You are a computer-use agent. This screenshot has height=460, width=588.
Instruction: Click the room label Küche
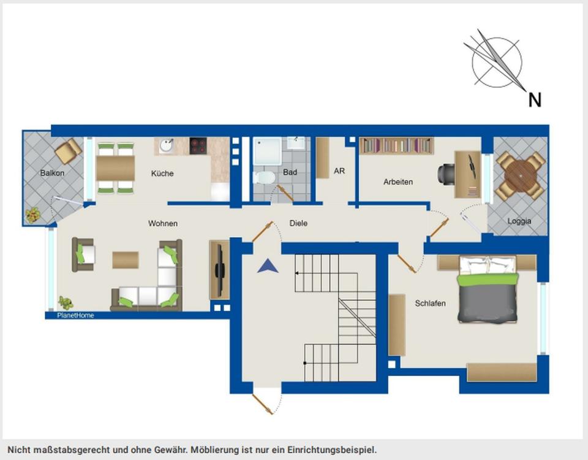(x=162, y=174)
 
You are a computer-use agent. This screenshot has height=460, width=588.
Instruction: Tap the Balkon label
(x=52, y=173)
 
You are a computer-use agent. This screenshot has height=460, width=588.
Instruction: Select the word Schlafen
(x=430, y=303)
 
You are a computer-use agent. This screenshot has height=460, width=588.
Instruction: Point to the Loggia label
(x=519, y=221)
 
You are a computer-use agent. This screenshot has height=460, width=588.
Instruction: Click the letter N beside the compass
(x=535, y=100)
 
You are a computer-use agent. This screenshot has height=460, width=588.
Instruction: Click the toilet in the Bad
(x=263, y=177)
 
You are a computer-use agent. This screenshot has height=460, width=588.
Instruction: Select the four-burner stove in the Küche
(x=198, y=146)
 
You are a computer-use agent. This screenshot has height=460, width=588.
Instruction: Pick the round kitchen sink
(x=166, y=146)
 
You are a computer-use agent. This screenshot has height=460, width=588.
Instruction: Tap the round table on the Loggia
(x=521, y=175)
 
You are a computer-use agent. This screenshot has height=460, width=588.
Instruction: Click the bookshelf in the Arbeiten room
(x=397, y=146)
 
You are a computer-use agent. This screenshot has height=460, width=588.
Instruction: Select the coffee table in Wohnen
(x=126, y=260)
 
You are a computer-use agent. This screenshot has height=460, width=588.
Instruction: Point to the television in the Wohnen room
(x=219, y=269)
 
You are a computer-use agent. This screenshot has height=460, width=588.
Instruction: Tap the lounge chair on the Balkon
(x=69, y=151)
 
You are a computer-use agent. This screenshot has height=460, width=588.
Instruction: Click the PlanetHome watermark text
(x=75, y=315)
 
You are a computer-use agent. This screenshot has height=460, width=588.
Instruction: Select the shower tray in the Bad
(x=267, y=151)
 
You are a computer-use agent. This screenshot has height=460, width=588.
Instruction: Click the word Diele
(x=298, y=223)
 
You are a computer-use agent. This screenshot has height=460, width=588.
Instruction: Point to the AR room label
(x=339, y=171)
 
